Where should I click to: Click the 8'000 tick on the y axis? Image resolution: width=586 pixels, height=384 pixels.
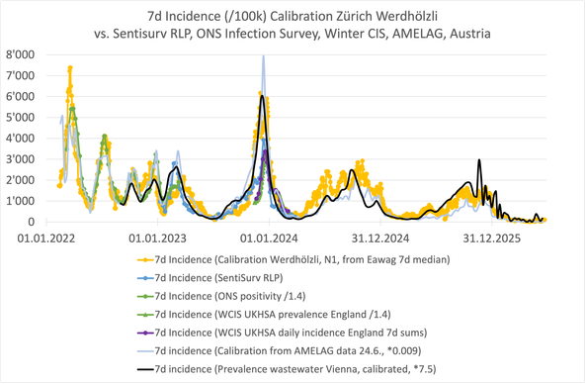coord(20,55)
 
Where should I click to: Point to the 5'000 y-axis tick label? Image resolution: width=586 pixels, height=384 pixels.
coord(20,118)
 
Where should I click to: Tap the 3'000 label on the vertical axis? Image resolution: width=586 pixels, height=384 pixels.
coord(20,159)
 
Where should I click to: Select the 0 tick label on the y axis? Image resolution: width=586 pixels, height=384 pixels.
coord(31,222)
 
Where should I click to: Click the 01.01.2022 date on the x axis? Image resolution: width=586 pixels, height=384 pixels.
coord(46,239)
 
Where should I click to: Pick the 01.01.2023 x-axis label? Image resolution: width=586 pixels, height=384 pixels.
coord(158,239)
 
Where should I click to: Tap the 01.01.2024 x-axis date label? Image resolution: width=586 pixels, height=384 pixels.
coord(269,239)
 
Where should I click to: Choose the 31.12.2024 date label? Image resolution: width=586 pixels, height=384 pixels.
coord(380,239)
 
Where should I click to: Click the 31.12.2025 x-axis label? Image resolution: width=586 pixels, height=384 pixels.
coord(492,239)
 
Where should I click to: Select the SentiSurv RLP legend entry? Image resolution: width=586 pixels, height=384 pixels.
coord(210,278)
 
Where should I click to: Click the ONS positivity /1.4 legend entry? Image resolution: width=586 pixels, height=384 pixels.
coord(221,296)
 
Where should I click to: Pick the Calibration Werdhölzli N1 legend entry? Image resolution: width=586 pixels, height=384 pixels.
coord(293,259)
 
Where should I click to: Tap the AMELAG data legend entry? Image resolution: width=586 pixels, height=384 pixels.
coord(280,351)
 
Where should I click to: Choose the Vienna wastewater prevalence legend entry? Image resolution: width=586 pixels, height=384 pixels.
coord(287,369)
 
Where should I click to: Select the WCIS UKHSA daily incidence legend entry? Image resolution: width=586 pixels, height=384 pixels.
coord(282,333)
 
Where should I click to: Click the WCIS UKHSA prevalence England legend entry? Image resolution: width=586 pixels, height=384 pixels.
coord(264,315)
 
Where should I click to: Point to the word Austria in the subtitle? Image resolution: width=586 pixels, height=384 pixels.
coord(470,34)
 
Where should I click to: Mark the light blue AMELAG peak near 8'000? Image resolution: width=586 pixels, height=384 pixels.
coord(264,56)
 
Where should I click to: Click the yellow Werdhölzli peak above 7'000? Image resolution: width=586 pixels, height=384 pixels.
coord(70,67)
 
